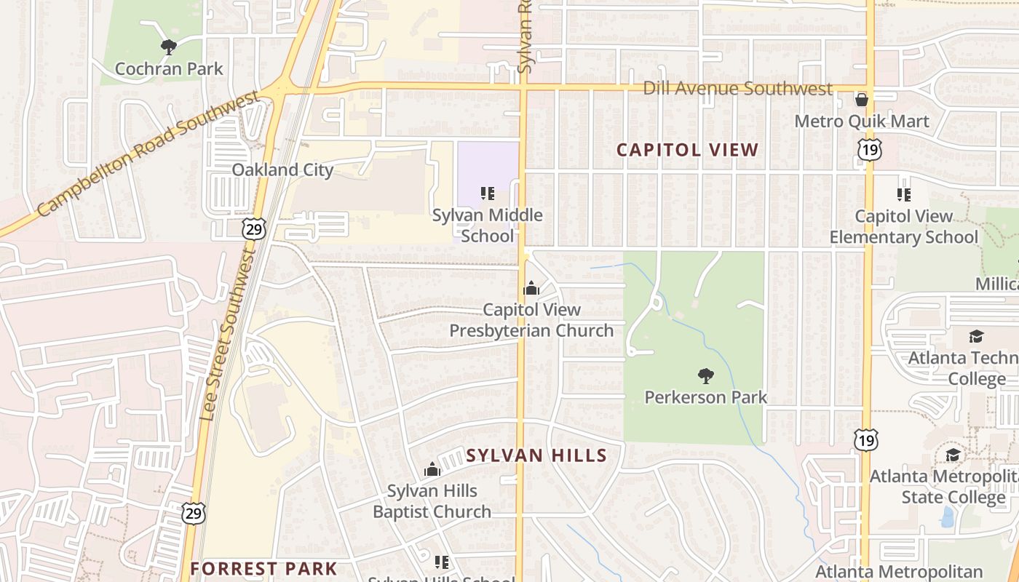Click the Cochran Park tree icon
click(169, 48)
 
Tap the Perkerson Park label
click(705, 397)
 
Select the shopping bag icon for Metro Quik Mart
click(862, 100)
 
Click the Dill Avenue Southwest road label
click(737, 89)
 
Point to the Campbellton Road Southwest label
click(148, 154)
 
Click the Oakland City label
click(282, 170)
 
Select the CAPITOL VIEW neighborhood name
click(687, 150)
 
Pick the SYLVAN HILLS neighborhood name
click(536, 455)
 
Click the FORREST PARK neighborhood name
click(263, 568)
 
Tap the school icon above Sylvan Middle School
click(488, 194)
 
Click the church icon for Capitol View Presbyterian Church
click(531, 288)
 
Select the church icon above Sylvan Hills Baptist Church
click(432, 469)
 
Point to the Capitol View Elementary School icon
click(903, 195)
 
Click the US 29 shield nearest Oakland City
click(254, 230)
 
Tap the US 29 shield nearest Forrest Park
click(194, 513)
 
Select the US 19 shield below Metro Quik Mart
click(869, 149)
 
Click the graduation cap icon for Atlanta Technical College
click(976, 336)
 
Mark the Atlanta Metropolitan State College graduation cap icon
click(952, 455)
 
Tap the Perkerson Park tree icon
click(705, 376)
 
